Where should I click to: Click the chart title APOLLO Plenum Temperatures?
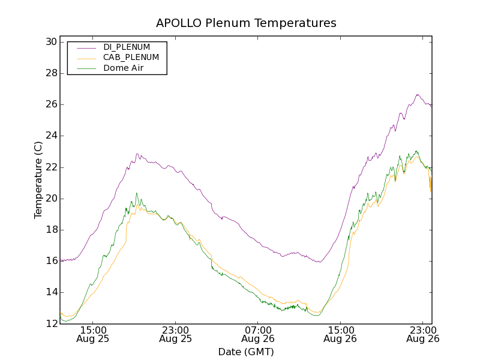[246, 23]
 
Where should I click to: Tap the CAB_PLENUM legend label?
[131, 58]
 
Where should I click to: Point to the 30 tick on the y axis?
[50, 42]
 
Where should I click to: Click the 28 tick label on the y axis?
[50, 73]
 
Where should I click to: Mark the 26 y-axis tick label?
[50, 104]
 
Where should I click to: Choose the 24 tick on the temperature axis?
[50, 136]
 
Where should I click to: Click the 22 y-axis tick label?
[50, 167]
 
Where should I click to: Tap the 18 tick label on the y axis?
[50, 230]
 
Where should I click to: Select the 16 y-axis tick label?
[50, 261]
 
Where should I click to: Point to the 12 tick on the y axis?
[50, 323]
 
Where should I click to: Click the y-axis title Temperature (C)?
[38, 180]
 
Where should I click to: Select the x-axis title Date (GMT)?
[246, 352]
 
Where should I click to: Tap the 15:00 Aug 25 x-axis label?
[93, 334]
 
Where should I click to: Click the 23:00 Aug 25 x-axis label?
[175, 334]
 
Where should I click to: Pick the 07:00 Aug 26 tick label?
[258, 334]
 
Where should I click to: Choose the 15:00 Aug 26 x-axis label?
[340, 334]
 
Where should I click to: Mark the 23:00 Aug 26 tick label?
[422, 334]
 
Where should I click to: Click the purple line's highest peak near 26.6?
[418, 94]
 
